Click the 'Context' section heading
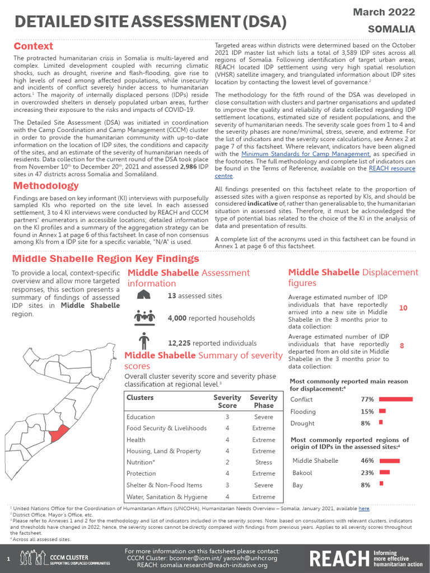(x=34, y=46)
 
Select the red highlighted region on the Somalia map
(x=59, y=432)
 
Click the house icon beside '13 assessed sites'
(x=143, y=294)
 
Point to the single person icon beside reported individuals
(x=144, y=341)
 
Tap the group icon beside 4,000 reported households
(x=144, y=317)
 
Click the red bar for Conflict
(x=396, y=400)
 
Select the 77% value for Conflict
(x=367, y=400)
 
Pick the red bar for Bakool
(x=386, y=473)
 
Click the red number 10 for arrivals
(x=403, y=308)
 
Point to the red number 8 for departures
(x=402, y=346)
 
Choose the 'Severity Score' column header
(x=227, y=401)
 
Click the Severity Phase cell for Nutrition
(x=263, y=462)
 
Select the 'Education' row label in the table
(x=141, y=417)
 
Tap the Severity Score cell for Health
(x=227, y=440)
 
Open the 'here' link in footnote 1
(x=364, y=509)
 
